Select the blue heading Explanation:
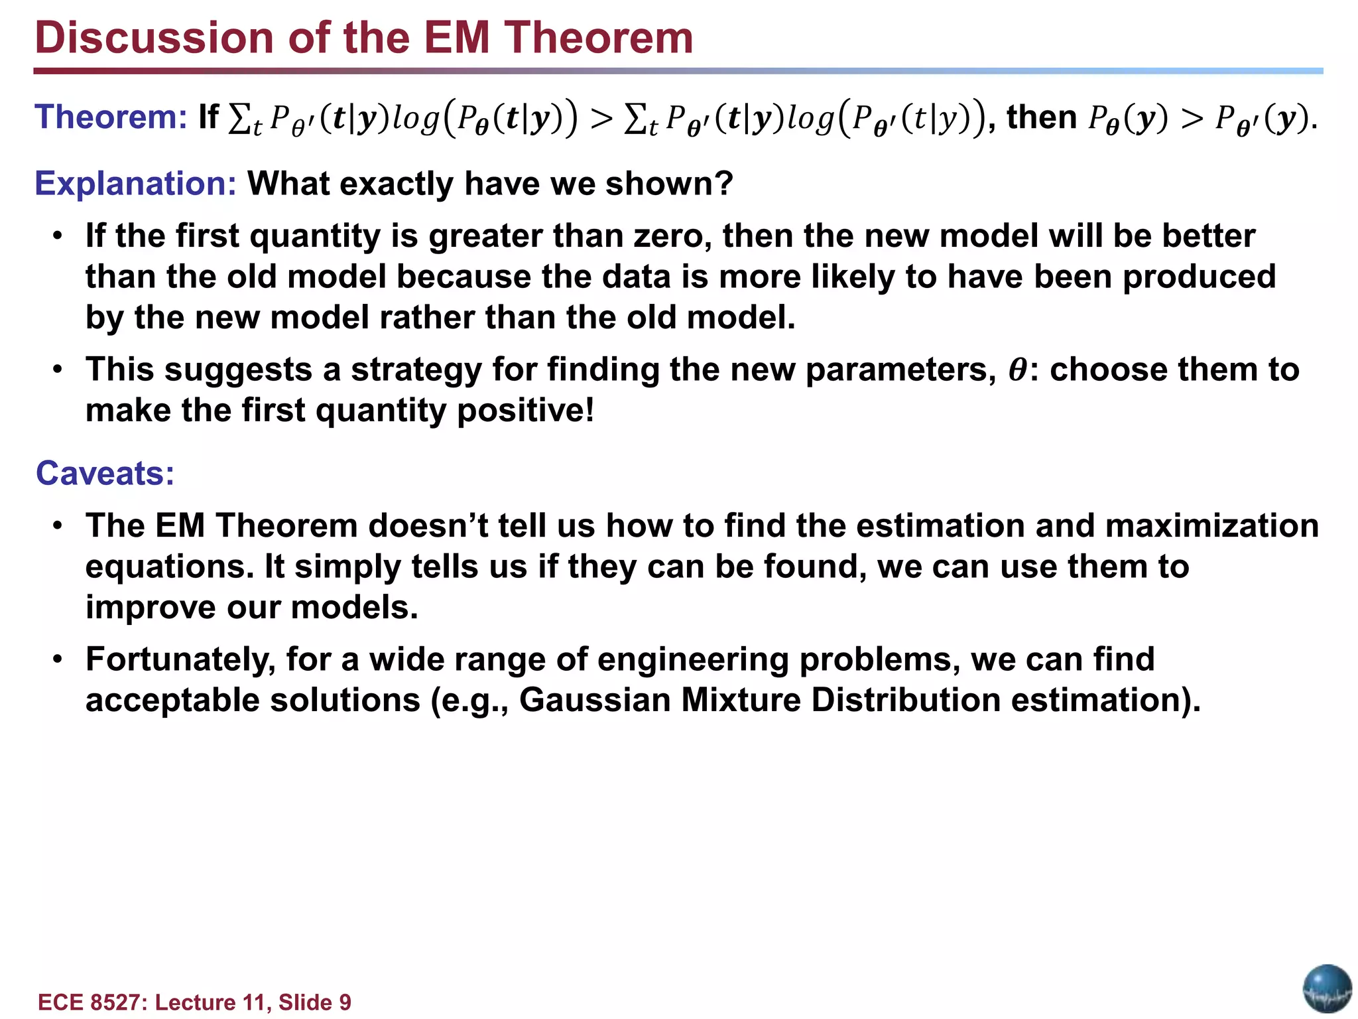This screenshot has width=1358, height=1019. pyautogui.click(x=135, y=184)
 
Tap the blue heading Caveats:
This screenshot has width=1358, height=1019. pyautogui.click(x=105, y=474)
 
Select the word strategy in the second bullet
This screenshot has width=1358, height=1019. pyautogui.click(x=416, y=370)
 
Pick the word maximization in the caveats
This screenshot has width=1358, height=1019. pyautogui.click(x=1211, y=526)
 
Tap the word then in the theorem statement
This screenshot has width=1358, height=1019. pyautogui.click(x=1041, y=117)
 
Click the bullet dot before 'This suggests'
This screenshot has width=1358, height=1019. pyautogui.click(x=58, y=370)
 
